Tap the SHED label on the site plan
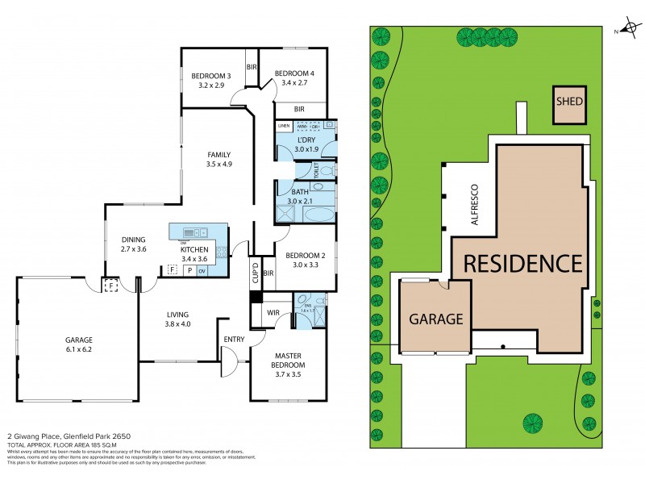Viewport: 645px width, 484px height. [x=569, y=103]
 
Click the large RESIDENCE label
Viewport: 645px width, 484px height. [x=522, y=263]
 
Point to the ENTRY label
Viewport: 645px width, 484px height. [x=233, y=339]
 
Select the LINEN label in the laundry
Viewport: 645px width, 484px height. [x=283, y=127]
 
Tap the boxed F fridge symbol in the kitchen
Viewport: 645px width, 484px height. [x=173, y=270]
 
